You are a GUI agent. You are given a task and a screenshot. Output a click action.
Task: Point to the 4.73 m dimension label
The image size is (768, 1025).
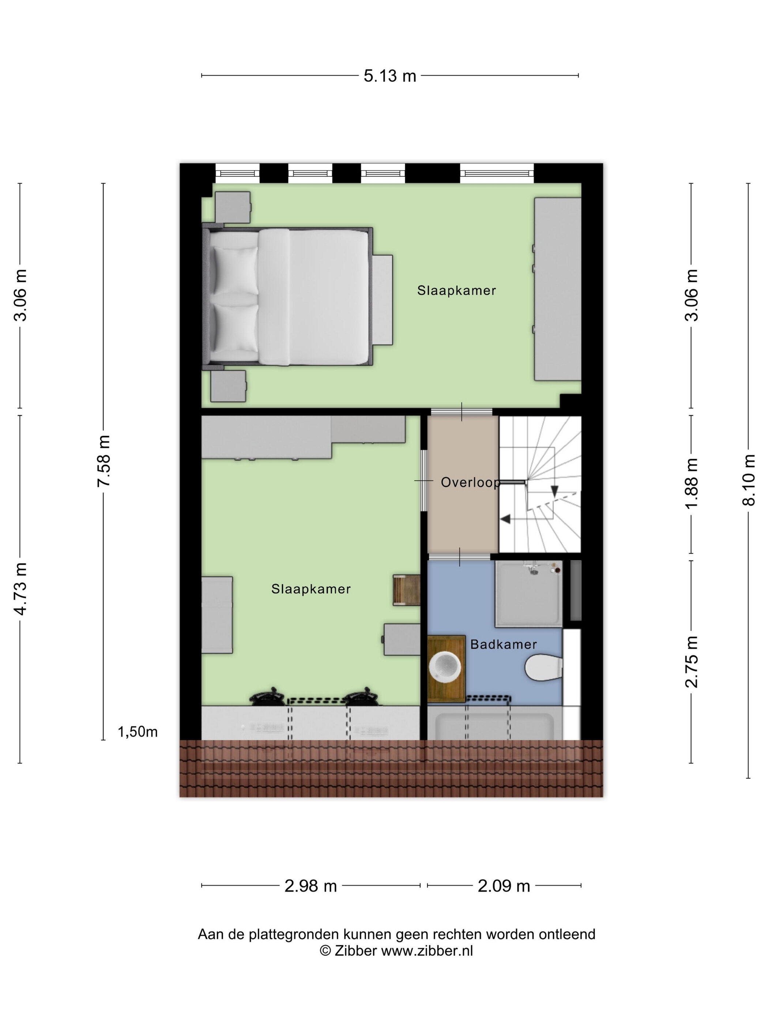point(20,589)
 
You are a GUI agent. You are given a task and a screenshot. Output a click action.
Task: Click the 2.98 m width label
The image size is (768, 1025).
point(310,886)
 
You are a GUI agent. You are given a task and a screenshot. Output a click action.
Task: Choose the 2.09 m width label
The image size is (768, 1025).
point(504,886)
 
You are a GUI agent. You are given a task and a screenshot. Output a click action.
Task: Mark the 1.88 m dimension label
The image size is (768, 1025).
point(691,483)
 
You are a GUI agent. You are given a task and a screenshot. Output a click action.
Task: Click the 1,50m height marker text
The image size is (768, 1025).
point(138,732)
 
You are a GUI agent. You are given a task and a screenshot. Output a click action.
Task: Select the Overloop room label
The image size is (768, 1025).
point(470,482)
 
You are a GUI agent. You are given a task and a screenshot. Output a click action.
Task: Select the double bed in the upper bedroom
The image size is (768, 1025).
point(287,297)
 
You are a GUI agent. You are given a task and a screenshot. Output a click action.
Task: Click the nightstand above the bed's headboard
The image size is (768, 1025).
point(233,207)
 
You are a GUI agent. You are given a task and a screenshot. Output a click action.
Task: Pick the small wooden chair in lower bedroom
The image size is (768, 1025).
point(406,590)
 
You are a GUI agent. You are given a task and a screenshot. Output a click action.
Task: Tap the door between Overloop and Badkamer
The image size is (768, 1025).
point(459,556)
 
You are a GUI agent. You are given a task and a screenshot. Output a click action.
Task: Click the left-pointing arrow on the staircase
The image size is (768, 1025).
point(505,519)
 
